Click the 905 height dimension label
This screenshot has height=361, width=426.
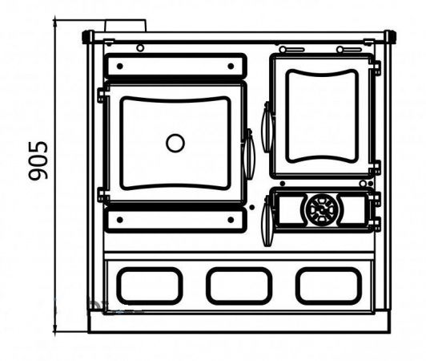(x=38, y=160)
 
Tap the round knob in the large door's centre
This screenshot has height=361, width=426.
(x=175, y=143)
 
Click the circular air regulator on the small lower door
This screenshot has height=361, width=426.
(x=322, y=209)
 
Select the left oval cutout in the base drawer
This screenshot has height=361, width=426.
(x=150, y=286)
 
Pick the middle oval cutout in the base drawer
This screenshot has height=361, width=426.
(x=239, y=286)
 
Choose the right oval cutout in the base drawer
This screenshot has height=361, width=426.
(x=329, y=286)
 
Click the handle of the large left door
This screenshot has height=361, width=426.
(x=249, y=154)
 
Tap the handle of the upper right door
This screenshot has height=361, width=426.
(x=267, y=127)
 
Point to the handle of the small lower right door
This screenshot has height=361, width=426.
(x=267, y=221)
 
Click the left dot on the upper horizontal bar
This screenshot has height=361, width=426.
(x=120, y=66)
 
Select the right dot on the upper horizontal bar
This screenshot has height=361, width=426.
(x=231, y=66)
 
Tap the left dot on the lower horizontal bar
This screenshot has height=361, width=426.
(x=120, y=220)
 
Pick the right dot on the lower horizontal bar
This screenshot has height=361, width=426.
(x=231, y=220)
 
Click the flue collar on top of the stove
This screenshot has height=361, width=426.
(x=126, y=26)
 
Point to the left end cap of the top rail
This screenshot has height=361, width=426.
(x=87, y=37)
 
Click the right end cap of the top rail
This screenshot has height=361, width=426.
(x=391, y=37)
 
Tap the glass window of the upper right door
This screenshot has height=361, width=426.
(x=322, y=116)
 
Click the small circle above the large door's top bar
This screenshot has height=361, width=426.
(x=140, y=48)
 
